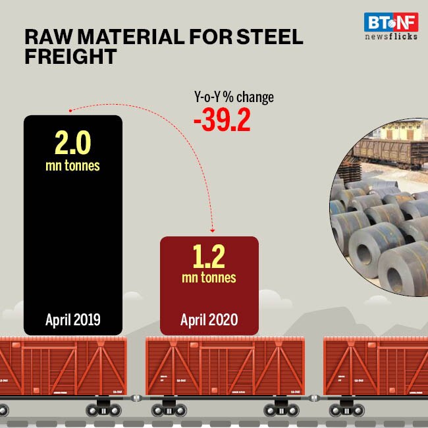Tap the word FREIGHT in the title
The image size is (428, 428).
click(70, 57)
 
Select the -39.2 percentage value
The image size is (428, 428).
click(221, 121)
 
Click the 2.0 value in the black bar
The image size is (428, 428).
click(72, 143)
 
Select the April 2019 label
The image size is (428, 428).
click(72, 320)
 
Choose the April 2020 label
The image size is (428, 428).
click(209, 320)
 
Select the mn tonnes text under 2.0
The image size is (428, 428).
click(72, 165)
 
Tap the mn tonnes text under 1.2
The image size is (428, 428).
click(209, 277)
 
